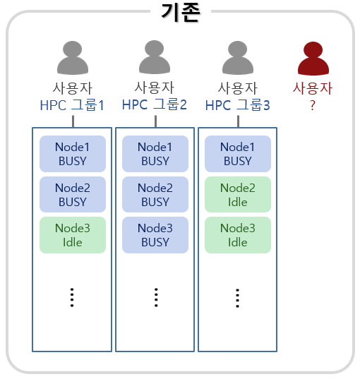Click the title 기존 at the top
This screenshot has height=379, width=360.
coord(181,13)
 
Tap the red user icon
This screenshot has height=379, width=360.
coord(313,59)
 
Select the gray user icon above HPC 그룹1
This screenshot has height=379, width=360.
coord(73,58)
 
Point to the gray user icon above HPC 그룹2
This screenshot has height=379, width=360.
coord(155,57)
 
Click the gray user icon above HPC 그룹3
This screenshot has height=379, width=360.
coord(238,58)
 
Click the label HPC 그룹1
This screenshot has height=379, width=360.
coord(72,105)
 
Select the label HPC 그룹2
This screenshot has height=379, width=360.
coord(155,104)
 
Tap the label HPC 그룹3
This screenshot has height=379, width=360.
coord(238,105)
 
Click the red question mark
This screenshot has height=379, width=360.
coord(313,105)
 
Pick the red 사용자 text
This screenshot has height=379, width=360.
coord(313,88)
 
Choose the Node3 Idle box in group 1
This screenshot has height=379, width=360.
coord(73,235)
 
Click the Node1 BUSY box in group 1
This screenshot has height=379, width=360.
coord(73,154)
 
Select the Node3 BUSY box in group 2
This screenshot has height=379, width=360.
coord(155,235)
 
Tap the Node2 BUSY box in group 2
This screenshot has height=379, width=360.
coord(155,194)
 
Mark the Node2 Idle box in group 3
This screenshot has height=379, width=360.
coord(238,194)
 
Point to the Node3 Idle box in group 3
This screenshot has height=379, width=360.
coord(238,235)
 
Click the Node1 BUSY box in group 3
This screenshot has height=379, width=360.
coord(238,154)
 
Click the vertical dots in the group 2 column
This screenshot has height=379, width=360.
coord(156,298)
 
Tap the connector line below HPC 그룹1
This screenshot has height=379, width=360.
coord(73,121)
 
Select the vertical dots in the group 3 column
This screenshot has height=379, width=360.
coord(237,298)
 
